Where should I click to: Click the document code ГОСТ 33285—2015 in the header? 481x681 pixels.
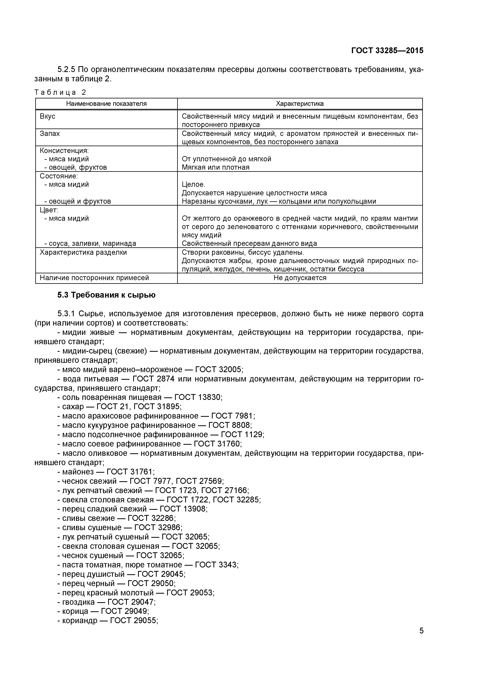(x=387, y=51)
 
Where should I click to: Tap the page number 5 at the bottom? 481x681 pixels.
(x=421, y=639)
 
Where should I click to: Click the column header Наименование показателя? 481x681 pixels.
(x=106, y=104)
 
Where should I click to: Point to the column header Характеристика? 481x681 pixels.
(x=300, y=104)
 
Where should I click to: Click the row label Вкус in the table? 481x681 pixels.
(x=47, y=116)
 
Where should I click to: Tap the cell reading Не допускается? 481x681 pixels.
(x=300, y=278)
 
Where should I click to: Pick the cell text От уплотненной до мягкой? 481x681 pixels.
(x=226, y=159)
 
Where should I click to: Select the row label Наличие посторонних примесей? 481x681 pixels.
(x=94, y=278)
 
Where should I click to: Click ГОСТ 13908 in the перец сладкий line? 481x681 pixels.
(x=183, y=509)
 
